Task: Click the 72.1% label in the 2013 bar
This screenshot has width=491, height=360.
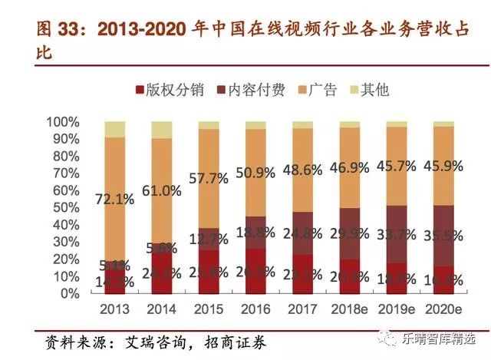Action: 115,199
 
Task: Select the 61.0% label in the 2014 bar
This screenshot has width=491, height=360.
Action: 162,191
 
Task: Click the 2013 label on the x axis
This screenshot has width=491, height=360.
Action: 115,310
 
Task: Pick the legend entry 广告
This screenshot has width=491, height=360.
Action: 322,90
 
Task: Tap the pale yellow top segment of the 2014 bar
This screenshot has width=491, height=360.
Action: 162,130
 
